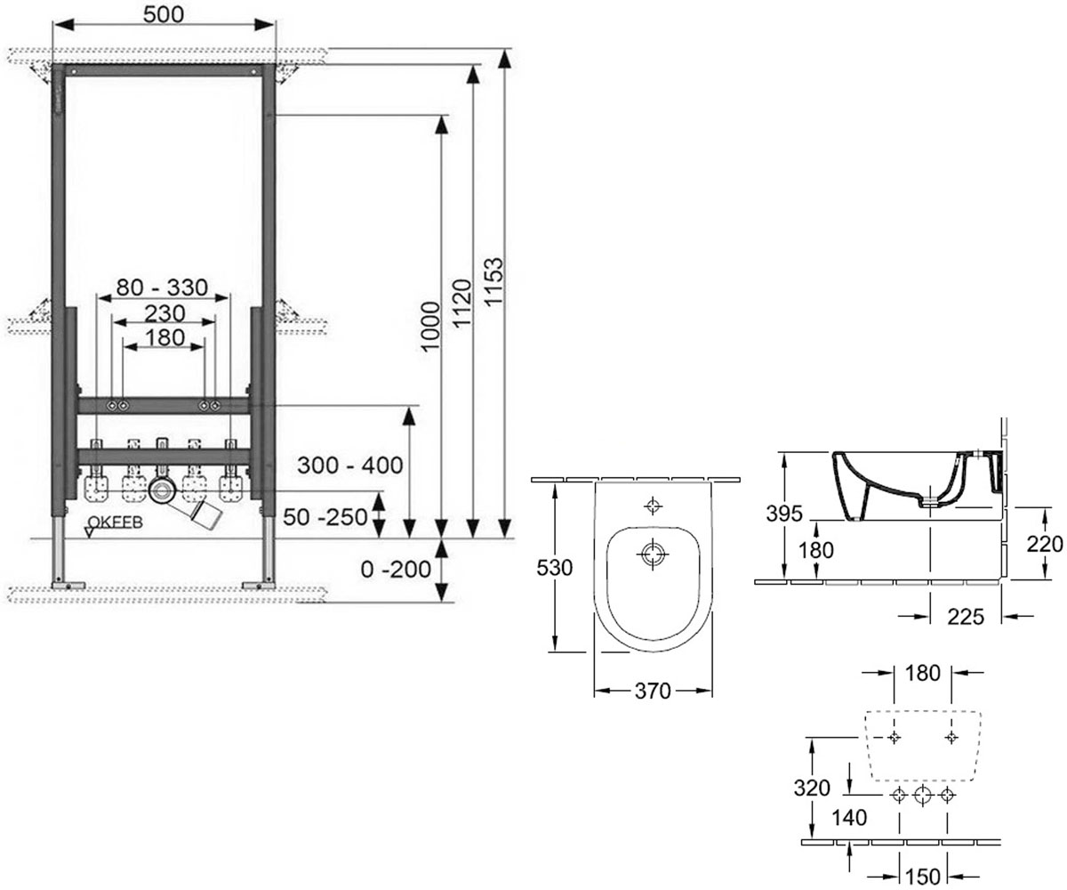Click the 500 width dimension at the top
click(164, 14)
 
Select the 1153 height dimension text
click(493, 282)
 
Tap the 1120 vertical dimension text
click(462, 303)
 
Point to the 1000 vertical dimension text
click(429, 327)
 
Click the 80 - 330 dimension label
click(162, 287)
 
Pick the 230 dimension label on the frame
click(164, 313)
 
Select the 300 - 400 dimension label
click(350, 465)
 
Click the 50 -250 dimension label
click(325, 517)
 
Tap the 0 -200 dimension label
click(396, 569)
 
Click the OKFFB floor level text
click(115, 522)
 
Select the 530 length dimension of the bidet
click(555, 568)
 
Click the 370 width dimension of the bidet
click(653, 691)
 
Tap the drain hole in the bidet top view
click(654, 554)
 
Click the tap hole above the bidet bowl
click(654, 506)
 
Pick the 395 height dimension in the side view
click(784, 513)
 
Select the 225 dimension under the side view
click(966, 617)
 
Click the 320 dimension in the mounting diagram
click(812, 788)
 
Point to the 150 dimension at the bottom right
click(923, 876)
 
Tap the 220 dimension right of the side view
click(1045, 544)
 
